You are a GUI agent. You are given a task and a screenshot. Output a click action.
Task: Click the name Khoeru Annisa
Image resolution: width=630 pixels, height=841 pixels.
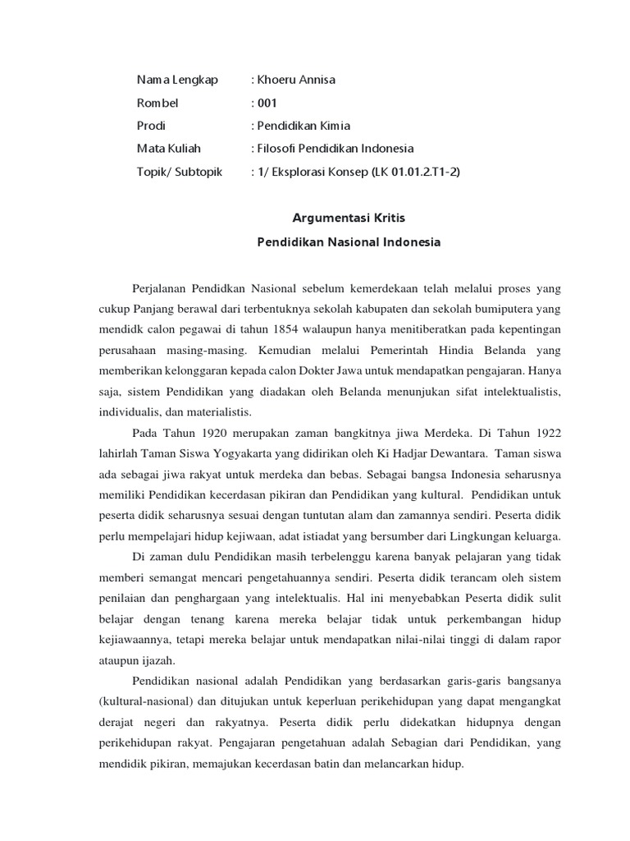[297, 80]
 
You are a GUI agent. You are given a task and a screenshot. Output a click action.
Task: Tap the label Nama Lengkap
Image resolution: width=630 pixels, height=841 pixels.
[177, 80]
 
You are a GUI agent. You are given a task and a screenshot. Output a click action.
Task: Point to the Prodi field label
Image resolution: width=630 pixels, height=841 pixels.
[151, 126]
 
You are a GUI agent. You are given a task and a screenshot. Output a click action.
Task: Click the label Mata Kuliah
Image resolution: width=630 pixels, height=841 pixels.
[169, 149]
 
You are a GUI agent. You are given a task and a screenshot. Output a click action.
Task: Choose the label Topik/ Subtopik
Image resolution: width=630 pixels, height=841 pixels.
[180, 172]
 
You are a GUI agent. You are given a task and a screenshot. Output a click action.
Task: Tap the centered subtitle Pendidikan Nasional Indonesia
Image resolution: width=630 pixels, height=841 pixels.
[349, 242]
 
